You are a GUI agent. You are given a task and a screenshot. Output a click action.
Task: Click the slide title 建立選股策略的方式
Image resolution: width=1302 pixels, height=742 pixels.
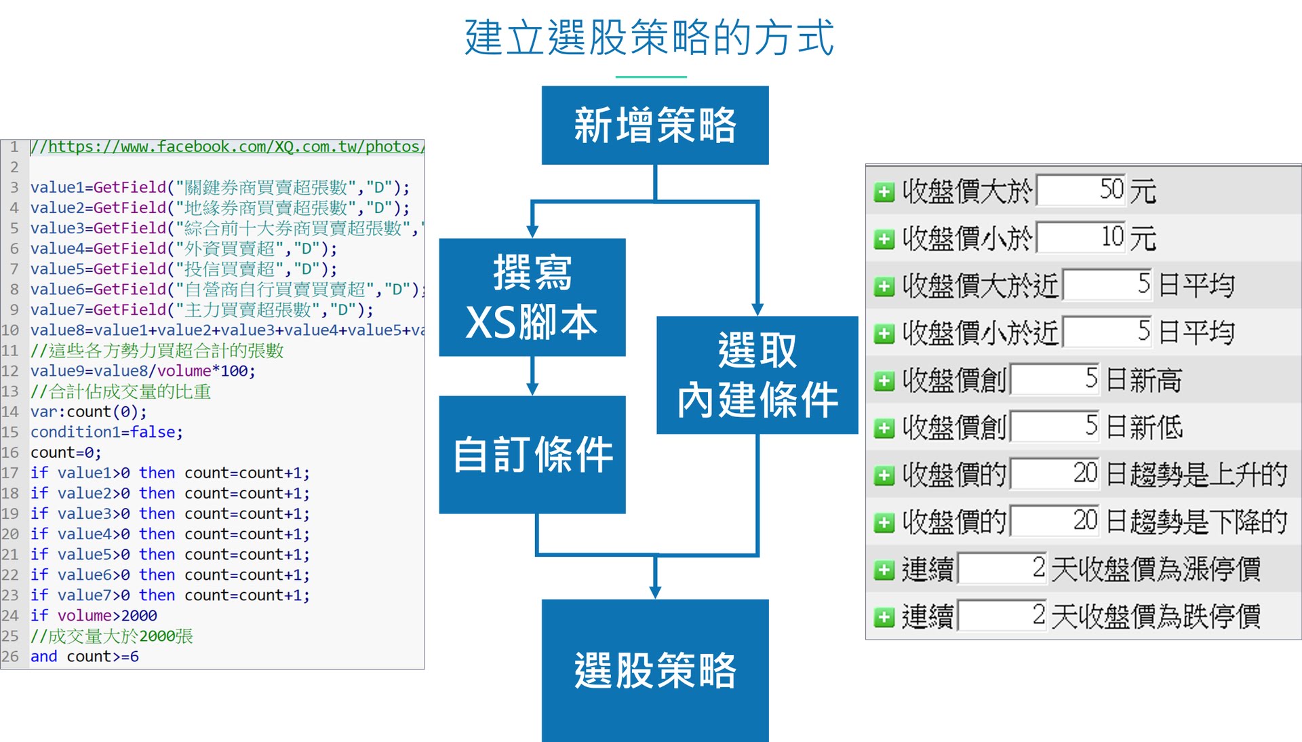649,37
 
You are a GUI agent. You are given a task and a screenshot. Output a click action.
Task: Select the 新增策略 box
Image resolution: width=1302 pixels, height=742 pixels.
655,125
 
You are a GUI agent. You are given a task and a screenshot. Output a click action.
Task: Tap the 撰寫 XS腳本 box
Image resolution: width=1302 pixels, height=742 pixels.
532,297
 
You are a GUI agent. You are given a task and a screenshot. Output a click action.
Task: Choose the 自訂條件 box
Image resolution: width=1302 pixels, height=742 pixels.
532,454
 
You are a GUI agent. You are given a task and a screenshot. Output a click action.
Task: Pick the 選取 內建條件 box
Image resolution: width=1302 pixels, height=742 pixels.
757,375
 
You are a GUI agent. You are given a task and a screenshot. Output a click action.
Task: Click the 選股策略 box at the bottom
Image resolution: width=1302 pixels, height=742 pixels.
655,670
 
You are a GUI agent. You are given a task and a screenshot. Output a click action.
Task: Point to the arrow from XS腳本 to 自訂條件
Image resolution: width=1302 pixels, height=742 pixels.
533,376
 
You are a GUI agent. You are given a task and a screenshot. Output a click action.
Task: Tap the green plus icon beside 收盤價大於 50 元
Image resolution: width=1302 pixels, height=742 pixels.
884,192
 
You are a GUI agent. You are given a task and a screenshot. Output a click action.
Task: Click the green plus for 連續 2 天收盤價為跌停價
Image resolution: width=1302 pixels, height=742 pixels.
884,617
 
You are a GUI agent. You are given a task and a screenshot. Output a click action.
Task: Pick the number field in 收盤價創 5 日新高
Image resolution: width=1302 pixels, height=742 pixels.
1054,380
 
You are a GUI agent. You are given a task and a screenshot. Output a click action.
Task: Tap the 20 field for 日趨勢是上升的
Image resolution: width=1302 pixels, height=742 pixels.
1054,474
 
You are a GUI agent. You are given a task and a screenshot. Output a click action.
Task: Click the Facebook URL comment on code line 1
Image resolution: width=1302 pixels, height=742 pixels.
227,147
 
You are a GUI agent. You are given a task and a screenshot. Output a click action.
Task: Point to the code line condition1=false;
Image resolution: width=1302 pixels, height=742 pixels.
106,432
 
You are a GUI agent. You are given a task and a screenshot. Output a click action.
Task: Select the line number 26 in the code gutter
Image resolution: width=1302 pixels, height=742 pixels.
10,657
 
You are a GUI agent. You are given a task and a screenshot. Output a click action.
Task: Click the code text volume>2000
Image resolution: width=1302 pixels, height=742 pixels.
107,616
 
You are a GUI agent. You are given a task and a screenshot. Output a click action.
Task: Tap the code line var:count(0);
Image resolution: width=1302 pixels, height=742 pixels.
88,412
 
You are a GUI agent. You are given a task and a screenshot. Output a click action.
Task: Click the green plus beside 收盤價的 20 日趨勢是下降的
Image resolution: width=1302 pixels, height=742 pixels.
884,522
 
